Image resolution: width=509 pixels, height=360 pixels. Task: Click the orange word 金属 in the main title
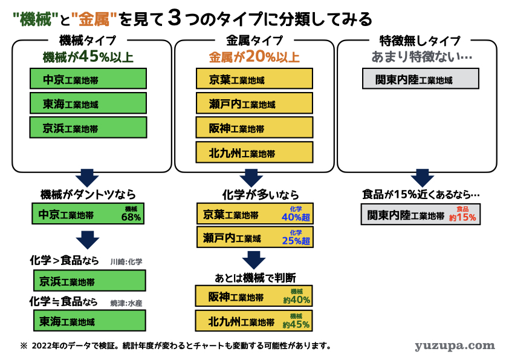click(94, 19)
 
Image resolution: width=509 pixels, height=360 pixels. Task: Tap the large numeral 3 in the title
click(175, 18)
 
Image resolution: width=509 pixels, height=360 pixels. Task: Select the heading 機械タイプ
click(88, 41)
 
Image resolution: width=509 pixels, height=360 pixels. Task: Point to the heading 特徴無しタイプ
click(420, 41)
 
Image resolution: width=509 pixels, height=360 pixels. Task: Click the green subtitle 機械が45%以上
click(88, 56)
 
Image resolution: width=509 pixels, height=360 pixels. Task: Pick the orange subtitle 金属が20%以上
click(254, 56)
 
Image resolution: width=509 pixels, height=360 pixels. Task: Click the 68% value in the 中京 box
click(131, 217)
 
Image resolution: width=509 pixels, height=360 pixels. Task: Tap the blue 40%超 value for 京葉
click(296, 217)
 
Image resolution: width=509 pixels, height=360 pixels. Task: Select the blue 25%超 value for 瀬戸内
click(296, 240)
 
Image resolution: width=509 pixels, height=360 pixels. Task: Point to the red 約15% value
click(462, 217)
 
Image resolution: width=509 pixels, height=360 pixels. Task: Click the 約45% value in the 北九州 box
click(296, 324)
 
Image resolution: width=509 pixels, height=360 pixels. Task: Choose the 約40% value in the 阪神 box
click(296, 299)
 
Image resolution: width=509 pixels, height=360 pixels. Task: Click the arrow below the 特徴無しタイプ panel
click(422, 178)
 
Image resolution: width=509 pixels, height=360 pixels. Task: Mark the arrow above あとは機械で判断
click(254, 260)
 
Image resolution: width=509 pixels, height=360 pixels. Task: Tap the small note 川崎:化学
click(126, 261)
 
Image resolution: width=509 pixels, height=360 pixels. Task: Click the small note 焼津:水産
click(126, 303)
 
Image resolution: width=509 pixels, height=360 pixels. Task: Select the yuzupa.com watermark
click(455, 345)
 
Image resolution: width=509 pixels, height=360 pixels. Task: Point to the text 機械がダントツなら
click(88, 194)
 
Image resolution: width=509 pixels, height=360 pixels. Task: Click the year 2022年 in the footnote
click(45, 345)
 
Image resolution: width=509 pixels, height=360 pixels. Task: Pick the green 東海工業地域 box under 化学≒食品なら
click(89, 321)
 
